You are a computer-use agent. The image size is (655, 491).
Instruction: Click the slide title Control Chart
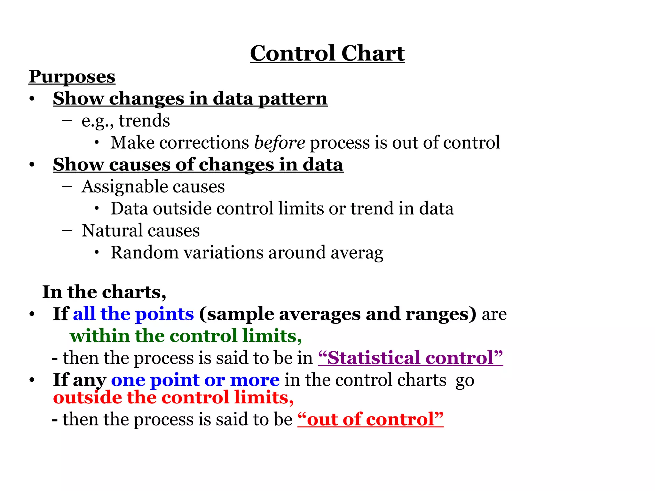pos(327,53)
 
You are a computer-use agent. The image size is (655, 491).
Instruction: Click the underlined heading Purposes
pos(72,77)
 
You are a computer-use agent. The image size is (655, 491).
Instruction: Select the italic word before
pos(280,143)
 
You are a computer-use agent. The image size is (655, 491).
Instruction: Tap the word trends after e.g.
pos(144,121)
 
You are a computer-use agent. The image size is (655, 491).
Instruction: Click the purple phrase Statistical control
pos(410,358)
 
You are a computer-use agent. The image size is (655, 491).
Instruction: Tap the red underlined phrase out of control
pos(370,419)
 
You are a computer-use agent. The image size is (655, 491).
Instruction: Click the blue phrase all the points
pos(133,314)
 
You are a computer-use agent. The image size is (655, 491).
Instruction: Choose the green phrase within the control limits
pos(185,336)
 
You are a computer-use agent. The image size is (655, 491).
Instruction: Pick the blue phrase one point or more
pos(195,380)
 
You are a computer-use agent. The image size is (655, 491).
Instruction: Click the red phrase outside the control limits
pos(173,398)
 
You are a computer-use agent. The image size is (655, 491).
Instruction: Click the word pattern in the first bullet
pos(293,99)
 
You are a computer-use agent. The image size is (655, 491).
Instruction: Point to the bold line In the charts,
pos(104,292)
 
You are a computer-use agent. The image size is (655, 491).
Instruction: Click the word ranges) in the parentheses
pos(441,314)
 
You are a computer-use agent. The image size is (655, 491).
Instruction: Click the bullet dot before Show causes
pos(32,165)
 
